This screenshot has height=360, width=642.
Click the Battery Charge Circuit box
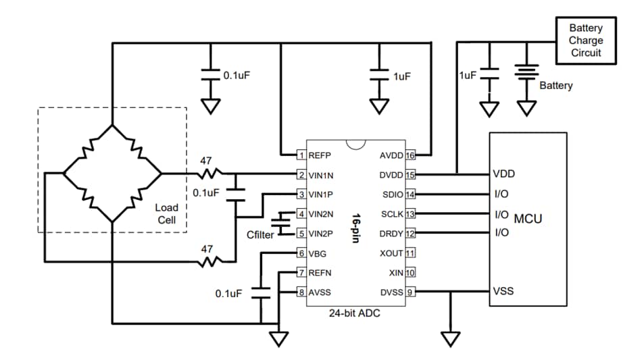pyautogui.click(x=585, y=40)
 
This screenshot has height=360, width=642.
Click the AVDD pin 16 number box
pyautogui.click(x=410, y=155)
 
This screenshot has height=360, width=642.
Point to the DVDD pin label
pyautogui.click(x=391, y=174)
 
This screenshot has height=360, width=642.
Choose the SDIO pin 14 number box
pyautogui.click(x=410, y=194)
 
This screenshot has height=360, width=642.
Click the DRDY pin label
pyautogui.click(x=392, y=233)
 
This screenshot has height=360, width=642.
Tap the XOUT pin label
pyautogui.click(x=392, y=253)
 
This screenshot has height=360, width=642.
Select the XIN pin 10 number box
pyautogui.click(x=410, y=272)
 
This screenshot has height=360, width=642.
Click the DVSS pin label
pyautogui.click(x=392, y=292)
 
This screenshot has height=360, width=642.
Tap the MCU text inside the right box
pyautogui.click(x=528, y=219)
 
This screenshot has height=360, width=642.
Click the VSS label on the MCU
pyautogui.click(x=503, y=292)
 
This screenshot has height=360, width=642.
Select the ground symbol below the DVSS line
pyautogui.click(x=449, y=337)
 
